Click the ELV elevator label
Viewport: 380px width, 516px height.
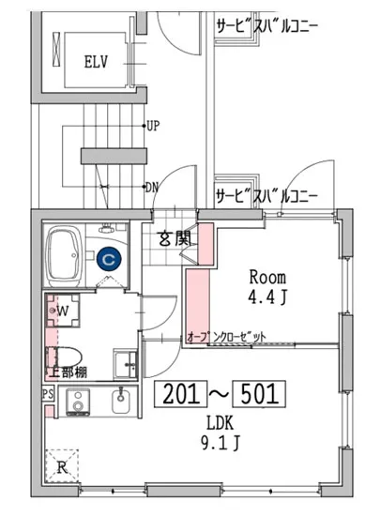95,64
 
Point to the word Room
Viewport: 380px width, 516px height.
267,277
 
